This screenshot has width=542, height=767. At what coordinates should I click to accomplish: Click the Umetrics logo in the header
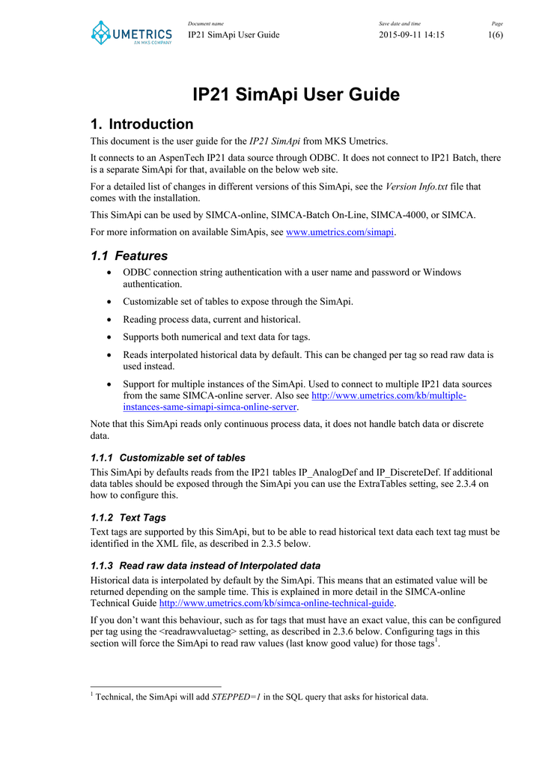point(131,32)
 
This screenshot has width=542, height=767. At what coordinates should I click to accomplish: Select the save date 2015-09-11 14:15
point(411,34)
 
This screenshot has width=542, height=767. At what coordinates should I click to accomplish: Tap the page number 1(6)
point(496,34)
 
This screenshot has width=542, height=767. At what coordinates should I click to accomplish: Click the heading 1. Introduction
point(141,124)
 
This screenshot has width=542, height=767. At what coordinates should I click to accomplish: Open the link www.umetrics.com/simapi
point(341,232)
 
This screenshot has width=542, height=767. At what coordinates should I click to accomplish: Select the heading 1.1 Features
point(129,255)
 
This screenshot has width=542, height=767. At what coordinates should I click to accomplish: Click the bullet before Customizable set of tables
point(111,302)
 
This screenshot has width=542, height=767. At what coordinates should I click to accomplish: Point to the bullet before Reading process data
point(111,319)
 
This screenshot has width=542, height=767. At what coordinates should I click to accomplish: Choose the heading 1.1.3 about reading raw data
point(205,566)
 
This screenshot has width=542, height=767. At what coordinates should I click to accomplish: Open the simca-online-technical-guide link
point(277,603)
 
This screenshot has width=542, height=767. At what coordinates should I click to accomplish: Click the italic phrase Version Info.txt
point(417,187)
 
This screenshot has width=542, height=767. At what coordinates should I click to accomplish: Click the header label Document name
point(206,24)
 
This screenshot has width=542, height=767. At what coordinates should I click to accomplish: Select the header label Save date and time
point(399,24)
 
